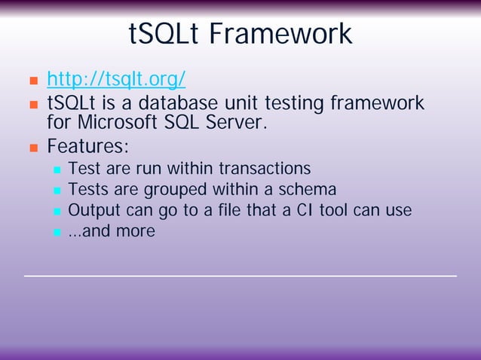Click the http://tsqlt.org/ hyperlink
[116, 79]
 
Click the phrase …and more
[111, 231]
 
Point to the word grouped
[155, 189]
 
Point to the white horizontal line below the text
[240, 276]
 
